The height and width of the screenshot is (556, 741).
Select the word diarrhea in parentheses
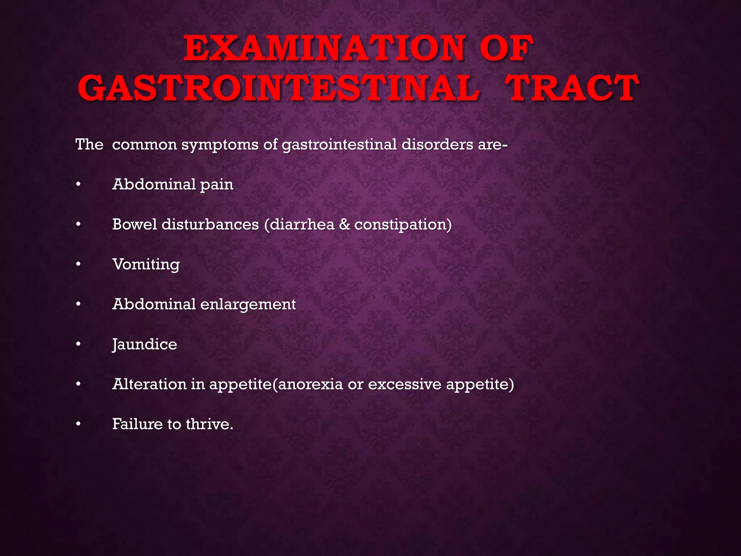coord(302,224)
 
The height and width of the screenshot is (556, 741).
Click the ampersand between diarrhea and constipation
coord(344,224)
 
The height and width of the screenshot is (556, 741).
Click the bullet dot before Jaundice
coord(78,344)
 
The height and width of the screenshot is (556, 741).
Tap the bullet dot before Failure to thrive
coord(78,424)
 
